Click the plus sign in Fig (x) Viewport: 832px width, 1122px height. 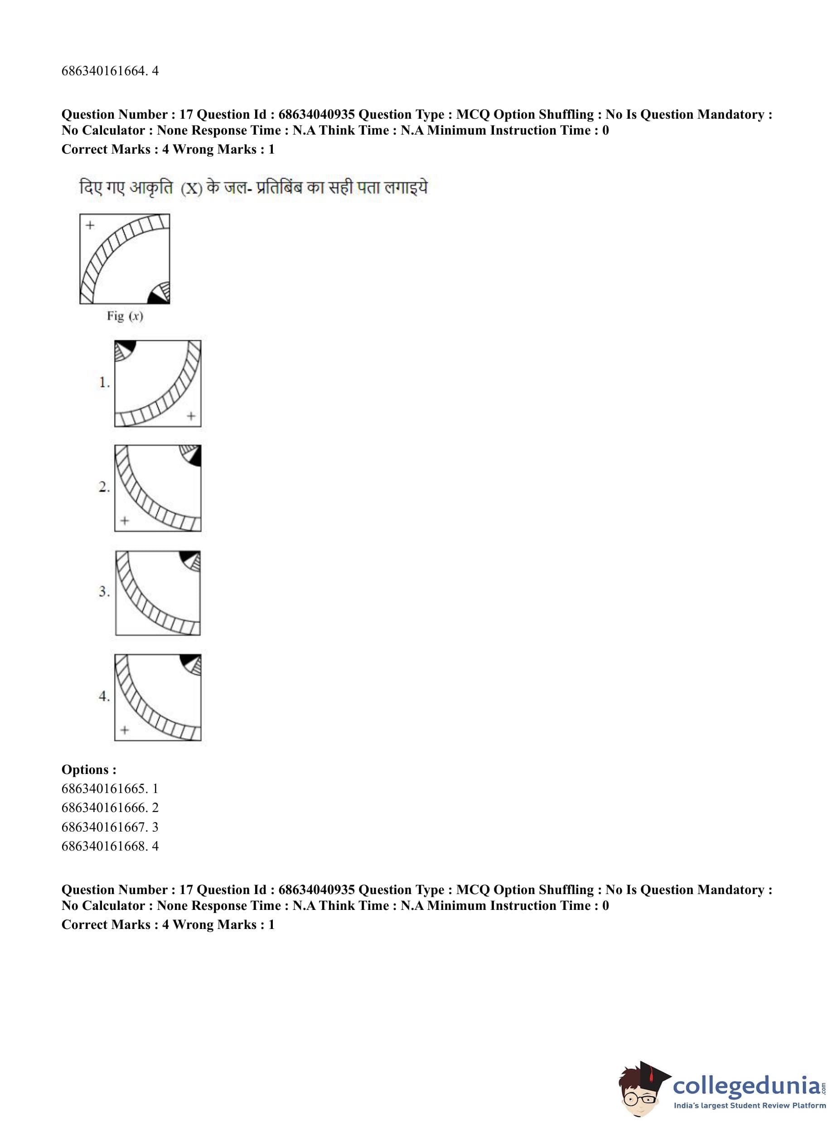90,225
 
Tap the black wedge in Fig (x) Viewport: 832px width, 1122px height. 156,298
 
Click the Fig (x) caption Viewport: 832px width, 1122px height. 125,316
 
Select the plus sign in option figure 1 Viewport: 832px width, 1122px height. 191,416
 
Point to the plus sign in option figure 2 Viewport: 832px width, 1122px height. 125,520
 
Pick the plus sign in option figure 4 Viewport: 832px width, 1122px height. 125,730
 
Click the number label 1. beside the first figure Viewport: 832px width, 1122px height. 104,383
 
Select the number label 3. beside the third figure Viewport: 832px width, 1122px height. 104,592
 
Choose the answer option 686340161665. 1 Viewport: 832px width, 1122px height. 110,788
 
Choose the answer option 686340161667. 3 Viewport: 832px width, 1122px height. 110,827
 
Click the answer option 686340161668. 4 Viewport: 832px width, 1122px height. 110,846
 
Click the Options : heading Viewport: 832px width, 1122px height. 89,769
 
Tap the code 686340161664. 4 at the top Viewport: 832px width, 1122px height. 110,71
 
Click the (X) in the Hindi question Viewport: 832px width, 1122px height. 191,189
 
